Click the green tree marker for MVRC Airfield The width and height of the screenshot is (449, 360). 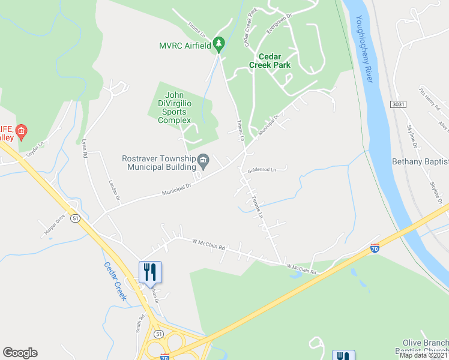(x=219, y=44)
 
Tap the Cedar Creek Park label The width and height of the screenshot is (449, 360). (x=274, y=61)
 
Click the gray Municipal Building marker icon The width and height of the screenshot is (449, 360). (x=203, y=160)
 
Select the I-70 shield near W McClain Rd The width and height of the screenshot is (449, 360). (x=375, y=247)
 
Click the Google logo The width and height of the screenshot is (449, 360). (x=20, y=353)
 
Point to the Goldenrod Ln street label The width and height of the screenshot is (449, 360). (x=261, y=170)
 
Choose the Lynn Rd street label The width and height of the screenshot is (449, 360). (x=85, y=149)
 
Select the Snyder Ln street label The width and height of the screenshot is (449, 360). (x=35, y=148)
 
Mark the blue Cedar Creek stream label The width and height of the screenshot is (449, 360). (x=114, y=281)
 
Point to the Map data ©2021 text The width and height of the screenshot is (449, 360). (x=424, y=355)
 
